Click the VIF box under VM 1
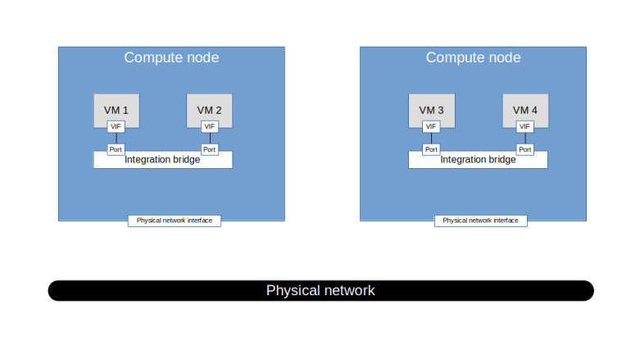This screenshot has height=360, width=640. (116, 126)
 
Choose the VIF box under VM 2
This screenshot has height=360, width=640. (209, 126)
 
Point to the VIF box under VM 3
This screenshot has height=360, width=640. (431, 126)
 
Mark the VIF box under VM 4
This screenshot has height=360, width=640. (525, 126)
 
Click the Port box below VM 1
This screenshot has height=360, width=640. (116, 149)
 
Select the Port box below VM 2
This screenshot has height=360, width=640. (209, 149)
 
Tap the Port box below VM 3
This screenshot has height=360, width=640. (431, 149)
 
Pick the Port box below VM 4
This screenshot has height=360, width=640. (525, 149)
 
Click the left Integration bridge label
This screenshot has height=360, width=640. (162, 160)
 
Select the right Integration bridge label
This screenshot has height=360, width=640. (478, 160)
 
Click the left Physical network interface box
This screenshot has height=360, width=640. (175, 221)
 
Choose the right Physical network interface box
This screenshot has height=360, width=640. (480, 221)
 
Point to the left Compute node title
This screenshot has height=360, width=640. (171, 57)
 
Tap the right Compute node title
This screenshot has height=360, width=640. (473, 57)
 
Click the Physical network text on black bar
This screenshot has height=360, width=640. (320, 290)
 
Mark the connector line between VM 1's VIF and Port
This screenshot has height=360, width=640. (116, 138)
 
